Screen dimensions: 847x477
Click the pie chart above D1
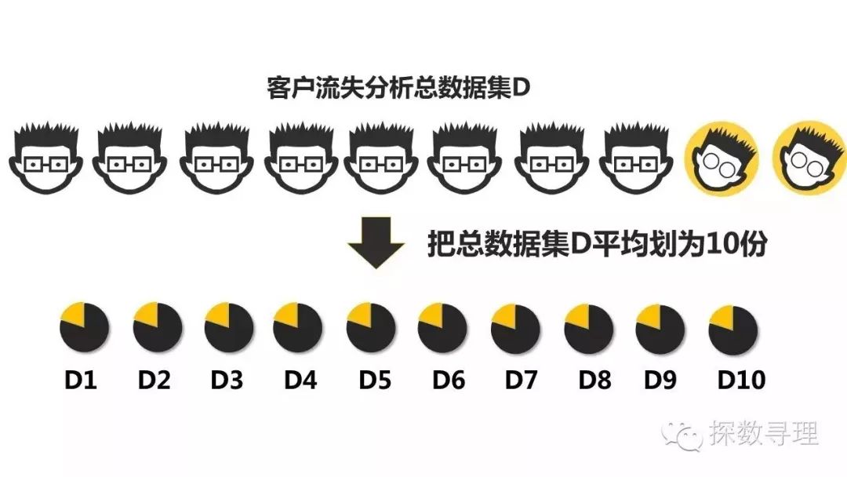pyautogui.click(x=84, y=327)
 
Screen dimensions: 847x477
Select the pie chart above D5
pyautogui.click(x=370, y=327)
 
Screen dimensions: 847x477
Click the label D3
pyautogui.click(x=227, y=381)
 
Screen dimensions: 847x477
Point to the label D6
pyautogui.click(x=449, y=381)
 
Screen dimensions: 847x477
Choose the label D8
pyautogui.click(x=594, y=381)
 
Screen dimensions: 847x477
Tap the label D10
pyautogui.click(x=740, y=381)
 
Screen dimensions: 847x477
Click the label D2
pyautogui.click(x=154, y=381)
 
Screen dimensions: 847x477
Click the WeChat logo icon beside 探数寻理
pyautogui.click(x=680, y=434)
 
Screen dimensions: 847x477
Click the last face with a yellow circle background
pyautogui.click(x=808, y=157)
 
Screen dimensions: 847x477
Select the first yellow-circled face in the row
pyautogui.click(x=722, y=157)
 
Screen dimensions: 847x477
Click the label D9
pyautogui.click(x=660, y=381)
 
